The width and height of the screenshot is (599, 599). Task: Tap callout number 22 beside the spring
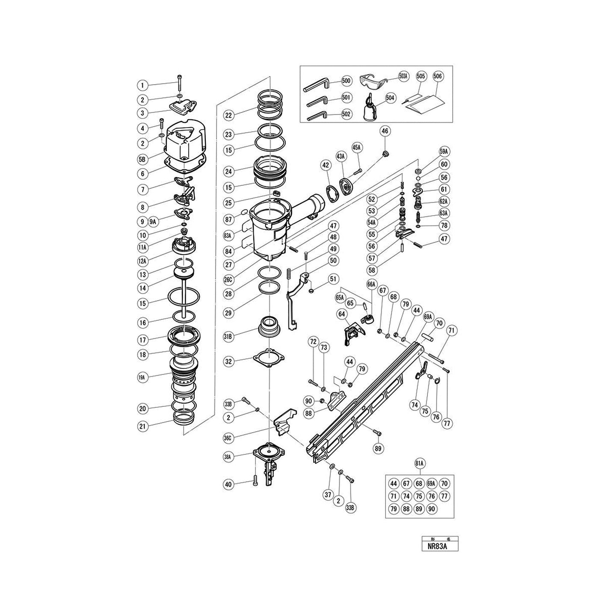(228, 115)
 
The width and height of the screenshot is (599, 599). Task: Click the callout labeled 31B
(228, 337)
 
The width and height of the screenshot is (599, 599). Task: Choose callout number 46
(385, 132)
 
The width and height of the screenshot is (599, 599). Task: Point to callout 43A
(341, 157)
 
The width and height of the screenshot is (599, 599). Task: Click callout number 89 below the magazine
(378, 448)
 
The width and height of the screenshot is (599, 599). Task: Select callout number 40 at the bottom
(228, 484)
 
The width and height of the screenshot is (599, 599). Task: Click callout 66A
(371, 284)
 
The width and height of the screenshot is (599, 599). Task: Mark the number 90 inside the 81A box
(432, 509)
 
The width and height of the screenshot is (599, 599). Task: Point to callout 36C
(228, 438)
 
